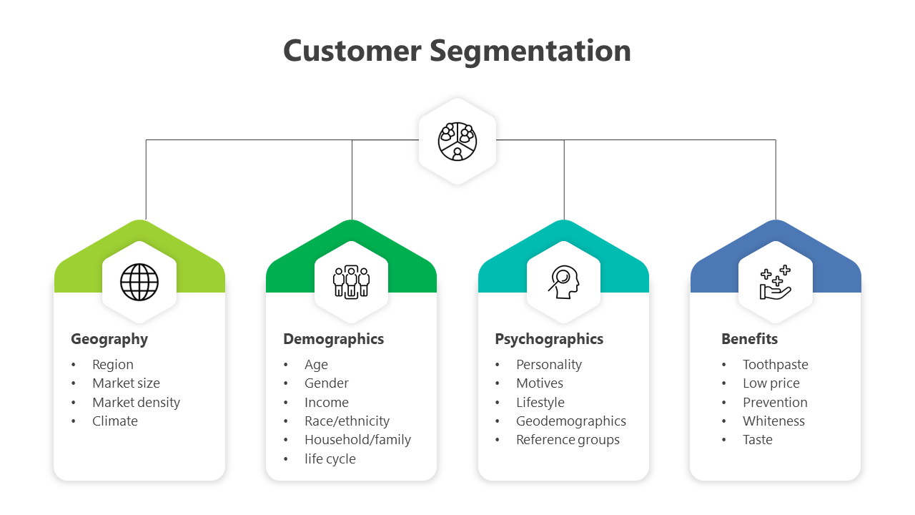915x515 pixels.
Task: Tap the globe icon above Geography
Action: click(x=139, y=282)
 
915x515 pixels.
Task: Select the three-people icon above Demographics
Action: click(x=351, y=282)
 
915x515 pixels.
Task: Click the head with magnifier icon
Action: click(x=563, y=282)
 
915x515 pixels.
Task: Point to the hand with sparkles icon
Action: click(x=776, y=282)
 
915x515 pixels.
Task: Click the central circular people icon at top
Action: click(x=457, y=141)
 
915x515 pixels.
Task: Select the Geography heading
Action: click(x=109, y=339)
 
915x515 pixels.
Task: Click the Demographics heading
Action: click(x=333, y=339)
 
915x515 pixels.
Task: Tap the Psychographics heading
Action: click(x=549, y=339)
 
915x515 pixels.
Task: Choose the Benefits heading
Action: click(x=749, y=339)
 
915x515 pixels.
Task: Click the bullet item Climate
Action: click(x=115, y=421)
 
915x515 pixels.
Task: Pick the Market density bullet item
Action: click(x=136, y=403)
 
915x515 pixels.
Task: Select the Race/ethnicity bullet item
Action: click(x=347, y=421)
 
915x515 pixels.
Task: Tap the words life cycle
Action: click(x=330, y=459)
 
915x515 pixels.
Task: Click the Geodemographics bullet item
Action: click(x=571, y=421)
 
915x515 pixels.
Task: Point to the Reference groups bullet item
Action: click(x=568, y=440)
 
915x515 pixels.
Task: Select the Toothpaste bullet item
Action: click(x=775, y=365)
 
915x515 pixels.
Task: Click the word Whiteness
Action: click(x=773, y=421)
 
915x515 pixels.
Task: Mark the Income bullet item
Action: click(x=327, y=403)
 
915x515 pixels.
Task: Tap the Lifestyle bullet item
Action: click(x=540, y=403)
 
